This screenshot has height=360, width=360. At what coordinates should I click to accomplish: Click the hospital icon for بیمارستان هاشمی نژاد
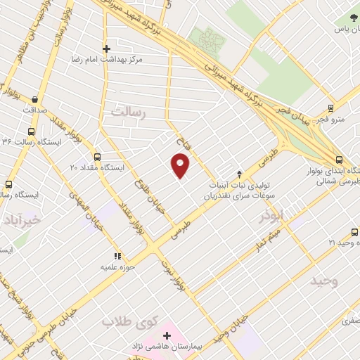tap(167, 335)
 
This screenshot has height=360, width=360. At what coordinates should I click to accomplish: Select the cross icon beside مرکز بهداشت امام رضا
tap(106, 49)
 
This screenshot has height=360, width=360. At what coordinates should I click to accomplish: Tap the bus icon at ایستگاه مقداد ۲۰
tap(97, 157)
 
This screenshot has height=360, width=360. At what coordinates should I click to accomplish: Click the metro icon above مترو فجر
tap(330, 108)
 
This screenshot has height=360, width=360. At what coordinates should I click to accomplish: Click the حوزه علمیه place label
tap(118, 268)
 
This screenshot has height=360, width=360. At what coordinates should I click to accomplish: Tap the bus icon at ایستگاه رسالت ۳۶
tap(31, 131)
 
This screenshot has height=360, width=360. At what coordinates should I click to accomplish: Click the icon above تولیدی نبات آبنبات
tap(238, 174)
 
